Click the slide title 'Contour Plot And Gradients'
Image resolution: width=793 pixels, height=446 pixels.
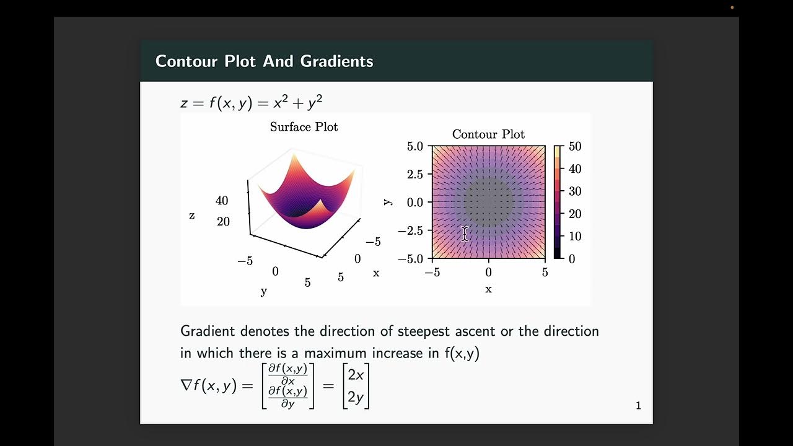pos(264,61)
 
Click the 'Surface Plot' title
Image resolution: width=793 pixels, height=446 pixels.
pos(304,127)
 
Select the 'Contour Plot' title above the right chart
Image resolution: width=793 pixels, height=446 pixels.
pos(488,134)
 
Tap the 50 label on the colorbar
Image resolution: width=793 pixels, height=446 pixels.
pos(575,147)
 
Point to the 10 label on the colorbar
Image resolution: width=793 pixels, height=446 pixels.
pos(575,237)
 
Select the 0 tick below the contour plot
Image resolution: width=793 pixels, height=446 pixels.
pos(488,273)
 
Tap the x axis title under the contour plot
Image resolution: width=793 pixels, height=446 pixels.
pos(488,289)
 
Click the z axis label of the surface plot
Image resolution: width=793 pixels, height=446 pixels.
pos(192,216)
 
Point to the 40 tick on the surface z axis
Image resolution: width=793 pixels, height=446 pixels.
pos(222,201)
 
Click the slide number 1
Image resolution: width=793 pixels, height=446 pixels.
pos(638,406)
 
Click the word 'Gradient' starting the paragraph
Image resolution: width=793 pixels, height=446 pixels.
pos(208,331)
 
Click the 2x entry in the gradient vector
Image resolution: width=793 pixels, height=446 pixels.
pos(356,375)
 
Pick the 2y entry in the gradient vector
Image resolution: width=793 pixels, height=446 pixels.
pos(356,397)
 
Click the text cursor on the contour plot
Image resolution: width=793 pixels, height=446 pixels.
pos(465,234)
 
